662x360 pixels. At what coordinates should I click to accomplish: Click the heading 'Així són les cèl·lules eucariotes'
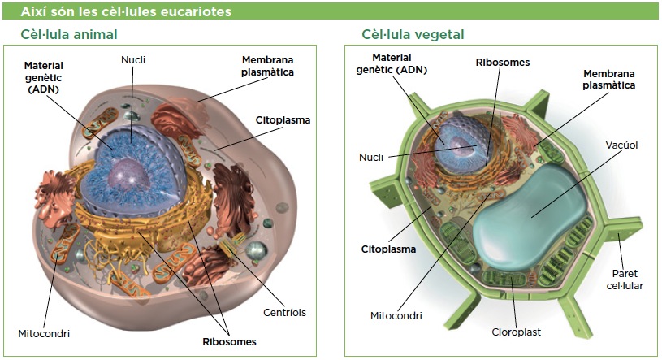click(126, 12)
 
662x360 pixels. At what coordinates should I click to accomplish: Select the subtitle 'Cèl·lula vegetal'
click(413, 34)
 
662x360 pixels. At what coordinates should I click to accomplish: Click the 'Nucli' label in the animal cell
click(133, 59)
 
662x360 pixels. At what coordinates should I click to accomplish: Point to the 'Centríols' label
click(284, 313)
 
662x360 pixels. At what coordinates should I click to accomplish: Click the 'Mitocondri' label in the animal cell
click(44, 333)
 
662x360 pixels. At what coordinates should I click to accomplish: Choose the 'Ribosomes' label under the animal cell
click(229, 341)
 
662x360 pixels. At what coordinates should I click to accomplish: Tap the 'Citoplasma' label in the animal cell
click(283, 120)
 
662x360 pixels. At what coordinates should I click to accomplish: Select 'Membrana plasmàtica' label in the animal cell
click(267, 66)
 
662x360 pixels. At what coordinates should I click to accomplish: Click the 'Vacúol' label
click(622, 145)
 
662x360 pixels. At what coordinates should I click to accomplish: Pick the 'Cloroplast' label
click(516, 332)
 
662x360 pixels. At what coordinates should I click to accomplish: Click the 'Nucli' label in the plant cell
click(371, 157)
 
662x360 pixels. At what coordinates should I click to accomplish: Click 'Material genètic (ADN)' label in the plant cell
click(392, 63)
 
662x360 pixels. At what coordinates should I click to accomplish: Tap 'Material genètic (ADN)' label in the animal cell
click(43, 76)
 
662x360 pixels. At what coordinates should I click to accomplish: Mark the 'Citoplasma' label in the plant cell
click(388, 249)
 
